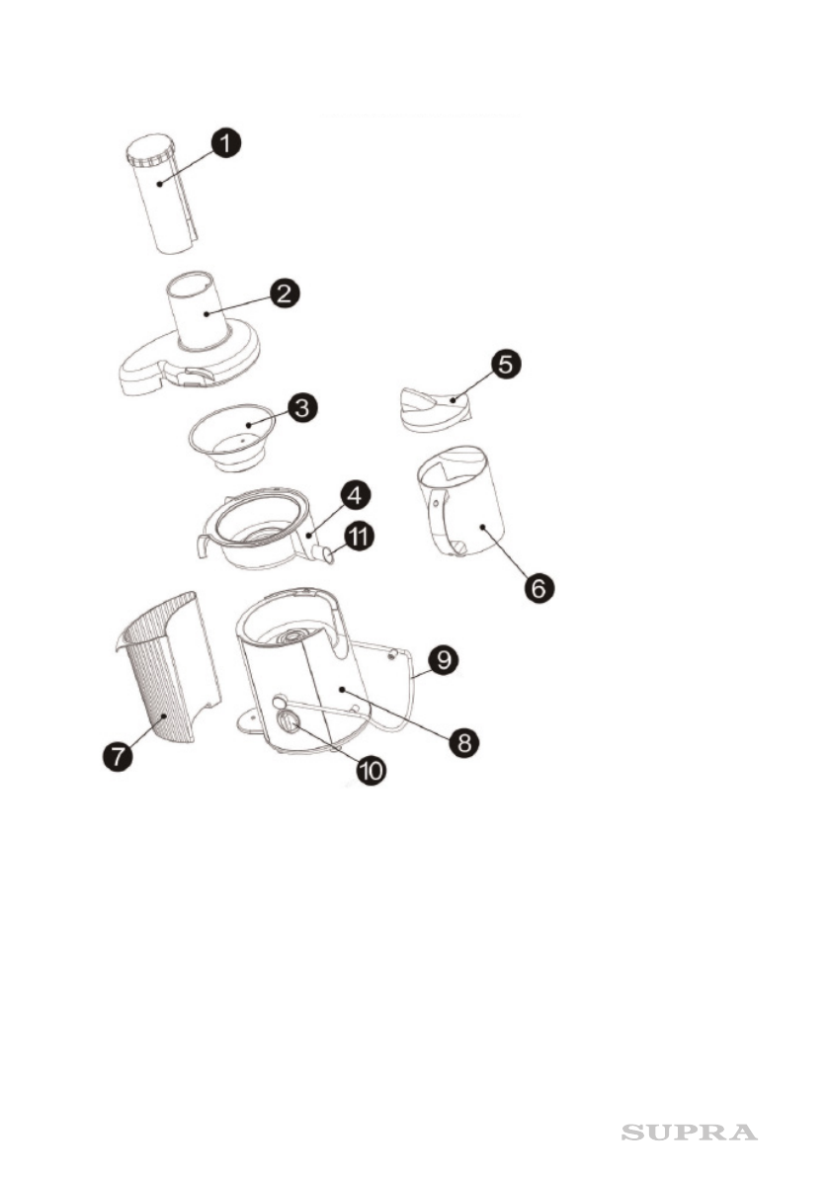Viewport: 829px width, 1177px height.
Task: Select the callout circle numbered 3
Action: tap(300, 408)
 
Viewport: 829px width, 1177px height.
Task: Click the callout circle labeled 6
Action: tap(539, 587)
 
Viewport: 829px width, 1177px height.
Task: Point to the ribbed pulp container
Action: tap(163, 672)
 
